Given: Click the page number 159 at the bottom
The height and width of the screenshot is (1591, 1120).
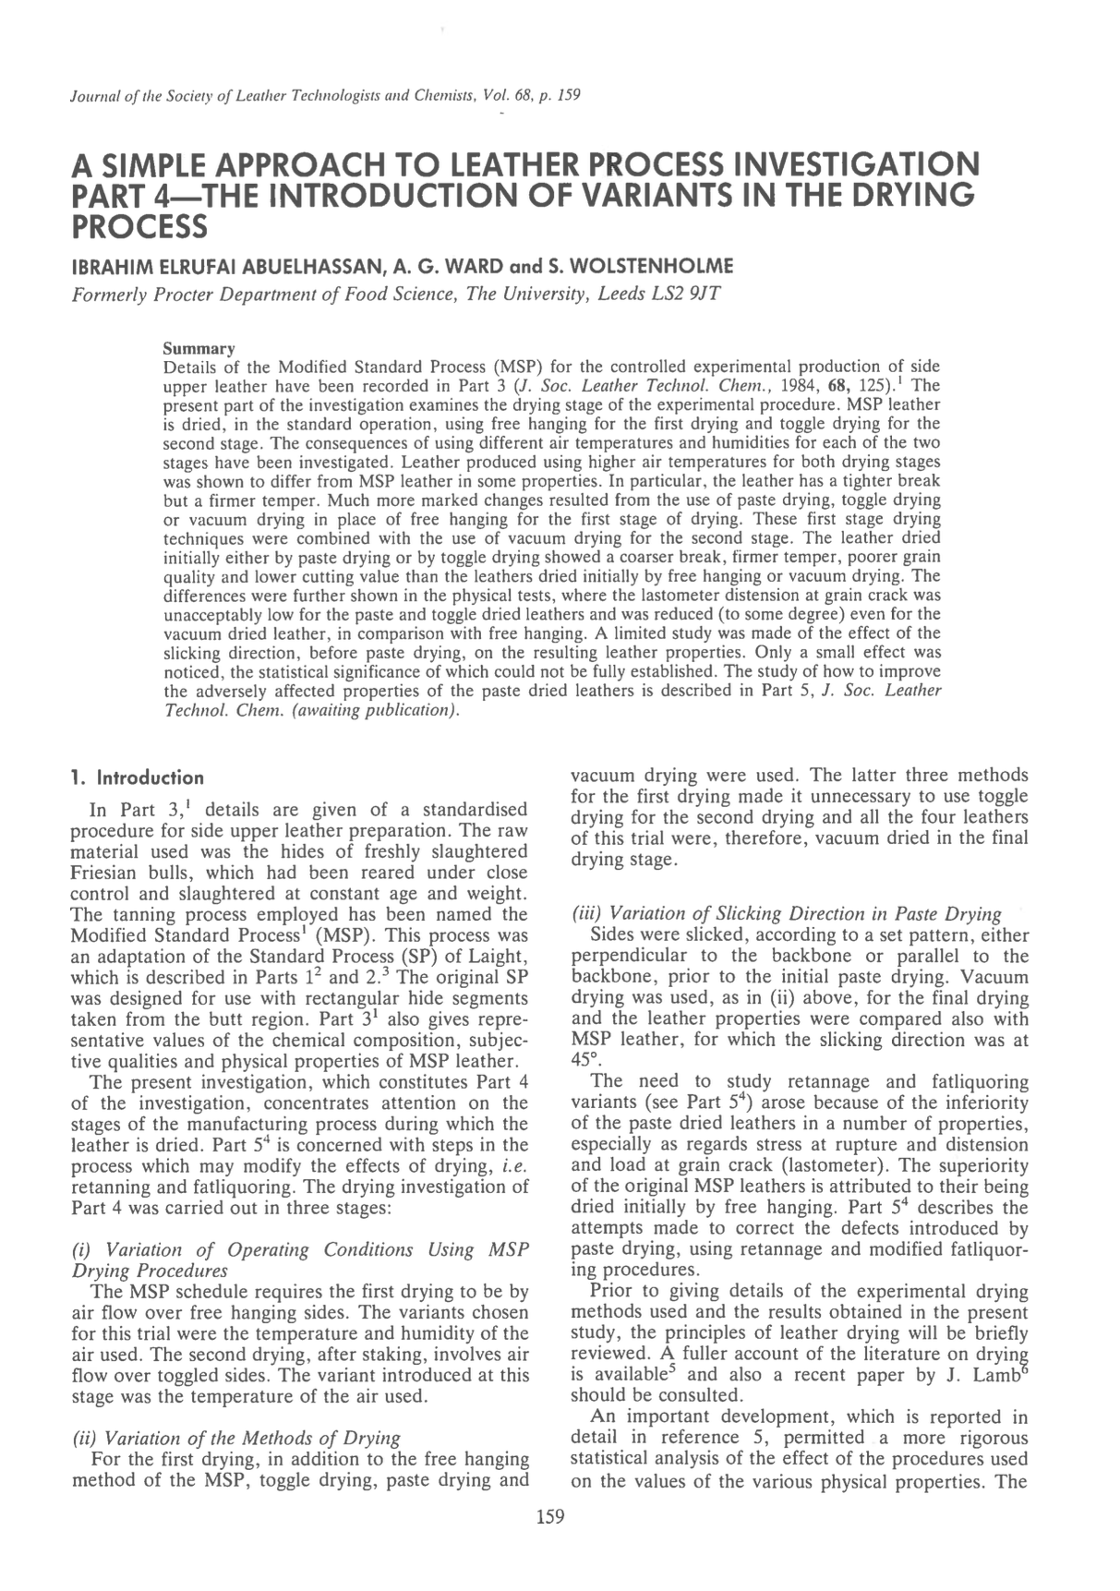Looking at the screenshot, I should (550, 1515).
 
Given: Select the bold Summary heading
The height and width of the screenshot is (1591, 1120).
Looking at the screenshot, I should (199, 349).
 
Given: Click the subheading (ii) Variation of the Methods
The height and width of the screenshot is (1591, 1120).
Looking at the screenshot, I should (235, 1438).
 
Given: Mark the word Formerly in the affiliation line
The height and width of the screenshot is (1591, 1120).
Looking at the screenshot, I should (110, 295).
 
